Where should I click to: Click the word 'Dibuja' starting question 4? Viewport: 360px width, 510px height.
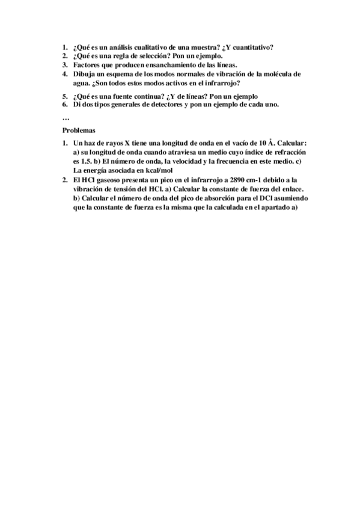(84, 74)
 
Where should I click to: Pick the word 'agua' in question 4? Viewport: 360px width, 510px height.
(81, 83)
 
